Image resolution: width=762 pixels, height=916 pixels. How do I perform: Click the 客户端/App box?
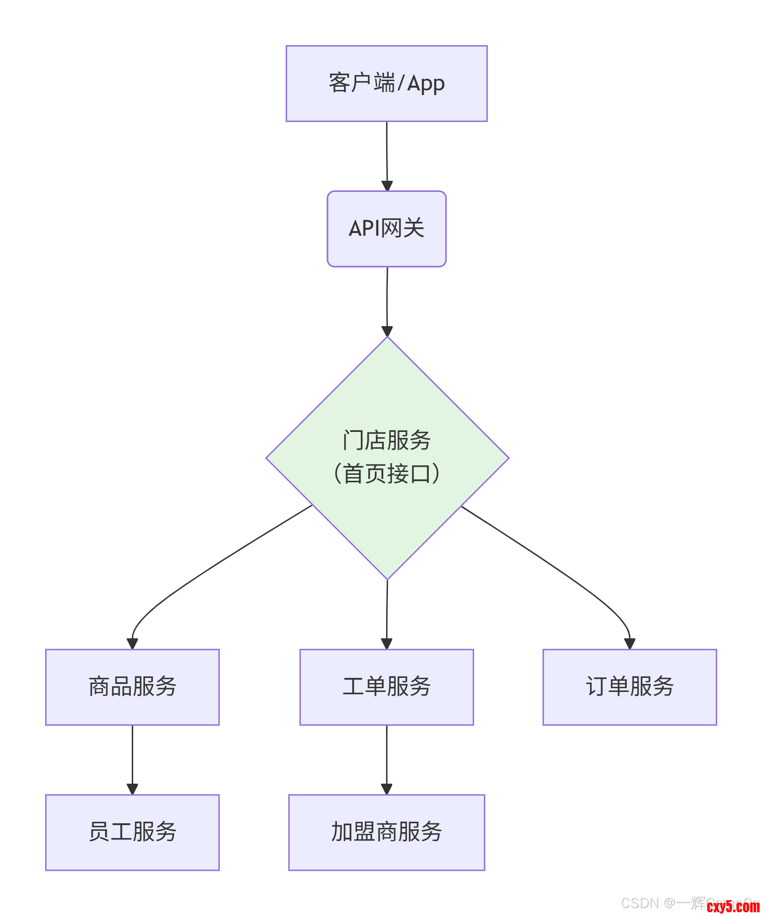tap(387, 84)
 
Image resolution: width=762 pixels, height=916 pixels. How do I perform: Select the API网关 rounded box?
tap(387, 229)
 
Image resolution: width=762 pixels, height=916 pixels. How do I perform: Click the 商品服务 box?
tap(132, 687)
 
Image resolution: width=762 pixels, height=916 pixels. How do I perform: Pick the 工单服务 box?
tap(387, 687)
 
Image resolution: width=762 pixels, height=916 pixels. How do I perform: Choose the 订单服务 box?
tap(630, 687)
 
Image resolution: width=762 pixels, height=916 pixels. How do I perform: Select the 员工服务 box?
tap(132, 832)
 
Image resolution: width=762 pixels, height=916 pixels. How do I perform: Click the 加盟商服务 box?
tap(387, 832)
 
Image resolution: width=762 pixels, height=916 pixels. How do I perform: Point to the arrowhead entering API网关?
tap(387, 186)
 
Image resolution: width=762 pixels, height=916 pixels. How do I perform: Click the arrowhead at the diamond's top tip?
tap(387, 331)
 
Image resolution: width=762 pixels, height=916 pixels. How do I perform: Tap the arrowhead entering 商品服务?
tap(132, 644)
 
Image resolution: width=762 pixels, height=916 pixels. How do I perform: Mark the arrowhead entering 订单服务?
tap(630, 644)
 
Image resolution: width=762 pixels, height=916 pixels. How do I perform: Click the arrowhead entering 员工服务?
tap(132, 789)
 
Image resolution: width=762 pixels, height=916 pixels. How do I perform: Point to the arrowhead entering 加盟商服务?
tap(387, 789)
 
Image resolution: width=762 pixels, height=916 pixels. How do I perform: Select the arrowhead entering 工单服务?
tap(387, 644)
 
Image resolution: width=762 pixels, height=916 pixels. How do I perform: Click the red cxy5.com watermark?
tap(733, 906)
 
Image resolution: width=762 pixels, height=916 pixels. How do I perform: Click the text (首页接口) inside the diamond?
tap(387, 474)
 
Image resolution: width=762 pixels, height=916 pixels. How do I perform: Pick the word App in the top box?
tap(426, 84)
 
